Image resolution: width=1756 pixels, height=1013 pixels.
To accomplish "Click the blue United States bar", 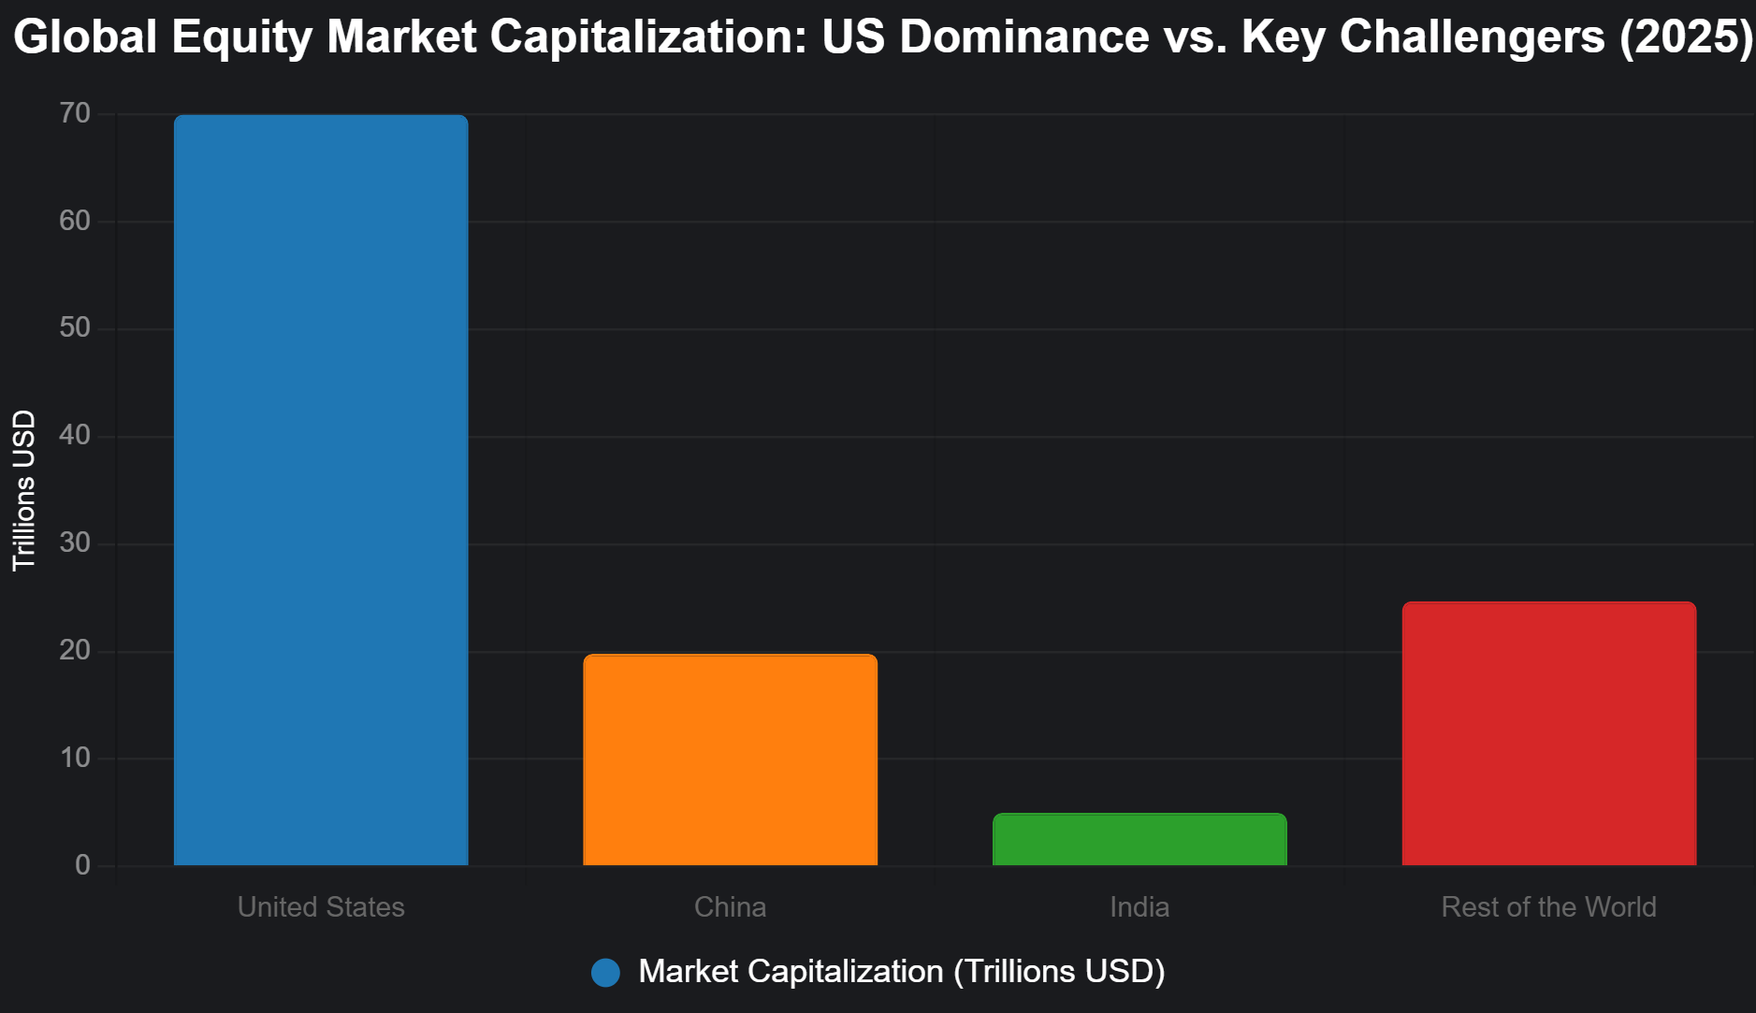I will click(321, 490).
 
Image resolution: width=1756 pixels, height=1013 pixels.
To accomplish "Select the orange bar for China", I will click(730, 760).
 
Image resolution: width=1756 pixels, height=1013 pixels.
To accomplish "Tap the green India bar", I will click(1139, 839).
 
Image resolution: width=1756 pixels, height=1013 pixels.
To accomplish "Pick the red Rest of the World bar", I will click(1548, 733).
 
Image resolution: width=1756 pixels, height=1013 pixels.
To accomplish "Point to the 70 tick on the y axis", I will click(75, 114).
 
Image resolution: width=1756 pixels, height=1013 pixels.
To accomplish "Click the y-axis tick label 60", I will click(75, 222).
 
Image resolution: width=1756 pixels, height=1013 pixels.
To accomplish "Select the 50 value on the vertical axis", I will click(75, 328).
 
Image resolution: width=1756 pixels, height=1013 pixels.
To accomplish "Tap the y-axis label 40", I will click(75, 436).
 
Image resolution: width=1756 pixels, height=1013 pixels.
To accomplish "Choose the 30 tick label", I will click(75, 543).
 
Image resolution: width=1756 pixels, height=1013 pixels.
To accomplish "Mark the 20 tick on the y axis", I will click(75, 651).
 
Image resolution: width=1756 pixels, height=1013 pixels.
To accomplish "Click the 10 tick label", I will click(75, 759).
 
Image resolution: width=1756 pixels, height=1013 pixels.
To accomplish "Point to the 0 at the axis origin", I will click(83, 865).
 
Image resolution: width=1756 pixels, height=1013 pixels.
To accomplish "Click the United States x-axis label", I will click(321, 907).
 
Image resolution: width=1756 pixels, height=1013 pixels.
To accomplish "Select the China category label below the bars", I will click(730, 907).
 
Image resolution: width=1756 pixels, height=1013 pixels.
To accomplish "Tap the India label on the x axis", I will click(1139, 907).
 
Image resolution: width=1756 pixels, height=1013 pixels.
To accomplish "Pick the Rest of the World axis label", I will click(1548, 907).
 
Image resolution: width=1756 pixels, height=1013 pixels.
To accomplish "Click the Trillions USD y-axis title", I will click(24, 490).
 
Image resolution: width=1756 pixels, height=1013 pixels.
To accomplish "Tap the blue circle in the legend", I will click(606, 973).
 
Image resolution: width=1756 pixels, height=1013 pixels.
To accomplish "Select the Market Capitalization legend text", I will click(901, 972).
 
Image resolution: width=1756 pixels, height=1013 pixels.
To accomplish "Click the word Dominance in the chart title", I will click(1023, 37).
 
